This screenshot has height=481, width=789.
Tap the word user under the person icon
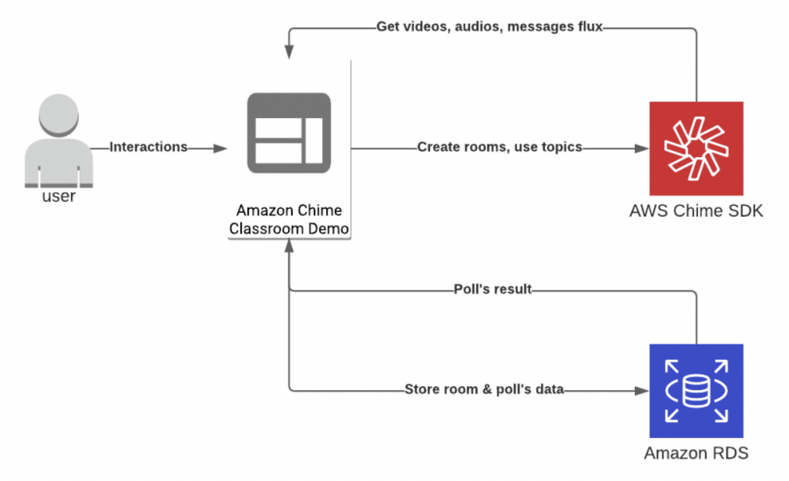coord(59,196)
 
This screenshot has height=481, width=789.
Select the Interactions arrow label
coord(149,147)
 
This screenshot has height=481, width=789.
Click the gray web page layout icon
coord(289,133)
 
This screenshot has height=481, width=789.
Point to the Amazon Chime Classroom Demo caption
coord(289,219)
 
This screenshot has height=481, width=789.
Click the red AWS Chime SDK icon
coord(696,148)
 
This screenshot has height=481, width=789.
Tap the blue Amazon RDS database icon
coord(696,391)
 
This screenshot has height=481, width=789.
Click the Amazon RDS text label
coord(696,453)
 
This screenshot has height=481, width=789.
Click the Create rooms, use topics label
coord(499,147)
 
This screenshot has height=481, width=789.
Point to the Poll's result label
coord(493,290)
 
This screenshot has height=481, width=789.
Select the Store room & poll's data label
coord(484,390)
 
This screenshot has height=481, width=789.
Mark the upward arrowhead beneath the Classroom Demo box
coord(289,246)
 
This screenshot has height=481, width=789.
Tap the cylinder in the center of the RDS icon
coord(696,391)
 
